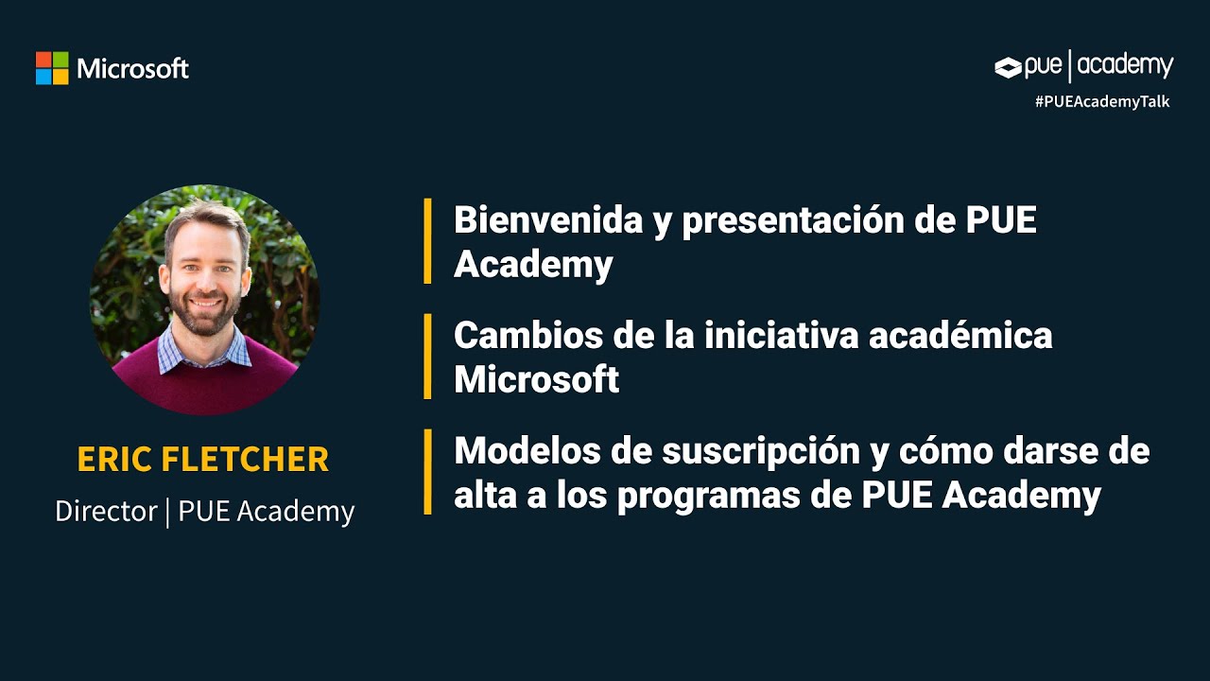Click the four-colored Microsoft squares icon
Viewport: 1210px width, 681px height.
click(x=52, y=68)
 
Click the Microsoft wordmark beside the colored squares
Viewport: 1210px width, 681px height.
click(x=133, y=69)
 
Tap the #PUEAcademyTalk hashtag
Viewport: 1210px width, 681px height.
click(x=1102, y=101)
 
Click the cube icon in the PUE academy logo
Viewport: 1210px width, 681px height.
click(x=1009, y=67)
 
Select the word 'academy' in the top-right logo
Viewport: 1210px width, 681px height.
click(x=1125, y=66)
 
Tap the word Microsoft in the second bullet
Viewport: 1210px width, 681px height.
click(x=536, y=380)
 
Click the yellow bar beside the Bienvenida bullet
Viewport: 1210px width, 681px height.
click(x=427, y=241)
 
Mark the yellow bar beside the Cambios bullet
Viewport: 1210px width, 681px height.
click(x=427, y=357)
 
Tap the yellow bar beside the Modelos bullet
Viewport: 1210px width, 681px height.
click(x=427, y=472)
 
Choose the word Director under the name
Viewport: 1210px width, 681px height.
click(x=106, y=512)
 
